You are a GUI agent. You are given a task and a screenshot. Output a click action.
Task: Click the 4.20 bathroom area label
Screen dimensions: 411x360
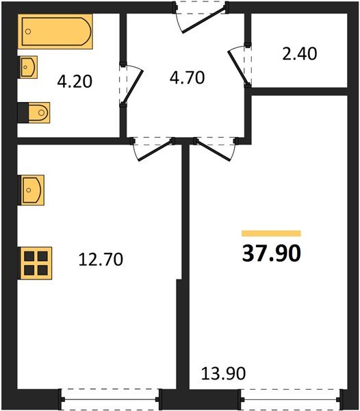pos(75,82)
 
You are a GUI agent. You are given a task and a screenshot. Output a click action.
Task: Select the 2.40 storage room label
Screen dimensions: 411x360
pos(299,53)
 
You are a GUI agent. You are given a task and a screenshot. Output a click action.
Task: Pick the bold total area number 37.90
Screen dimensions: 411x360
pos(271,253)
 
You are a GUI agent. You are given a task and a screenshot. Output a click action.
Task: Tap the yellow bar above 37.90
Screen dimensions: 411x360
pos(271,234)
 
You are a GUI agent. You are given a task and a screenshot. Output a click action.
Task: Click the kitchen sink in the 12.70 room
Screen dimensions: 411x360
pos(32,189)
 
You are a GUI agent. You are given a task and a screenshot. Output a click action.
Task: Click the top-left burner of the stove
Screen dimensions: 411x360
pos(29,256)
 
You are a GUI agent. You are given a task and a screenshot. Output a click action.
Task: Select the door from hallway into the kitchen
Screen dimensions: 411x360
pos(153,147)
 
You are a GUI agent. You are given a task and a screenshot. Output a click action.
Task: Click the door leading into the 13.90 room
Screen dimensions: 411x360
pos(215,147)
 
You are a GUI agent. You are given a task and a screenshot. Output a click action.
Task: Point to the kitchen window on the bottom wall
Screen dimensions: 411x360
pos(110,397)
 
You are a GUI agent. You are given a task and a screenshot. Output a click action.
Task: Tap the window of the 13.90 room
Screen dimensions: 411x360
pos(290,397)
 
